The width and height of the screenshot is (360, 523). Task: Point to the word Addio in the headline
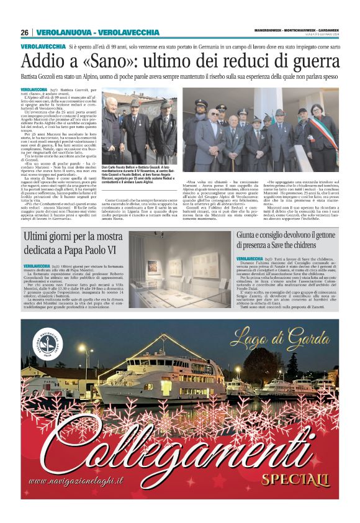[x=42, y=62]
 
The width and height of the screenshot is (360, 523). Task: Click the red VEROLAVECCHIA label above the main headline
[x=43, y=47]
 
